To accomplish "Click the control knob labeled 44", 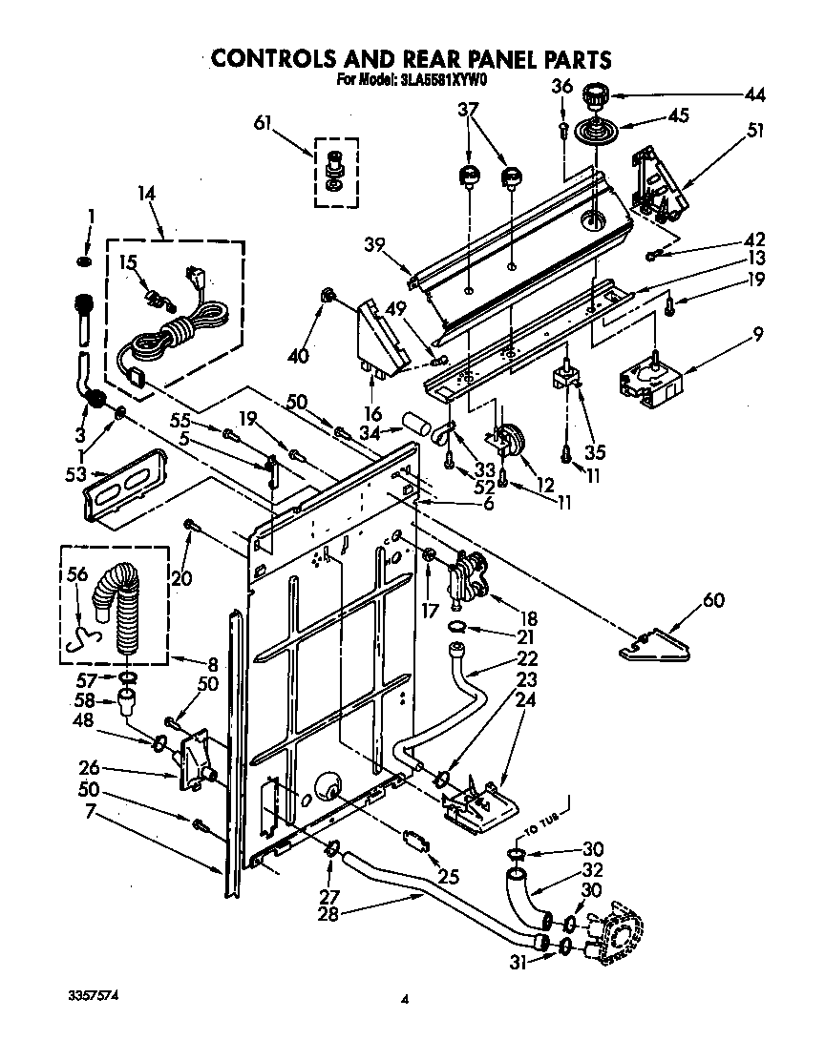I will (597, 95).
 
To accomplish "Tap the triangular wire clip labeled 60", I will (649, 644).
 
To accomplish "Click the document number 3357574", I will (93, 994).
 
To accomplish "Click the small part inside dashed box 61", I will (335, 170).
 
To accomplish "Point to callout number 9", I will (756, 335).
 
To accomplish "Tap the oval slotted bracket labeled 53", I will (127, 486).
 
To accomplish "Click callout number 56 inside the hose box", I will (76, 574).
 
